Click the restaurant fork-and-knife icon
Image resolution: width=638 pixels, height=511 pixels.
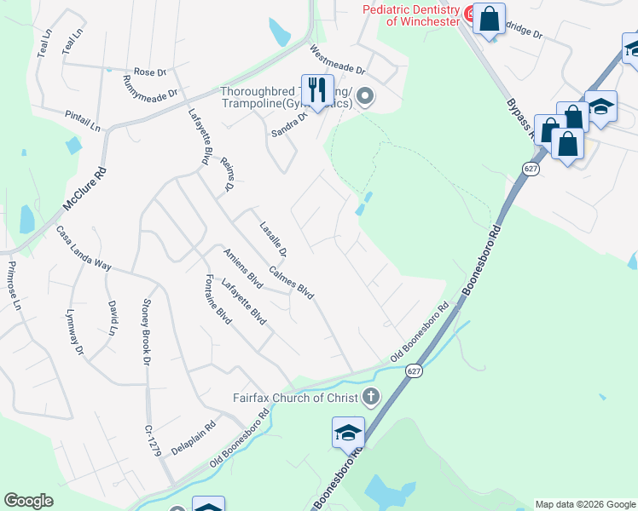[x=317, y=89]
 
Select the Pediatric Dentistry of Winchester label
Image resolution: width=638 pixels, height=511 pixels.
[x=411, y=14]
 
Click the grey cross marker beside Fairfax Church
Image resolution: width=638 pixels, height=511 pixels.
[x=370, y=396]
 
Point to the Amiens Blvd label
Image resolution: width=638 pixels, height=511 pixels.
[x=242, y=267]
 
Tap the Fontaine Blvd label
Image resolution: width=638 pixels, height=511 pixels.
[x=218, y=298]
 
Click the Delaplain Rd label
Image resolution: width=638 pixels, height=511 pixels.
[x=194, y=434]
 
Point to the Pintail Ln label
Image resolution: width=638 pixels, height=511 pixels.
[x=83, y=120]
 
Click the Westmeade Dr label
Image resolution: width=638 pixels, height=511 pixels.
[x=337, y=60]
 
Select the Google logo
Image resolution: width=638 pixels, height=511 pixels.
[x=28, y=501]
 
